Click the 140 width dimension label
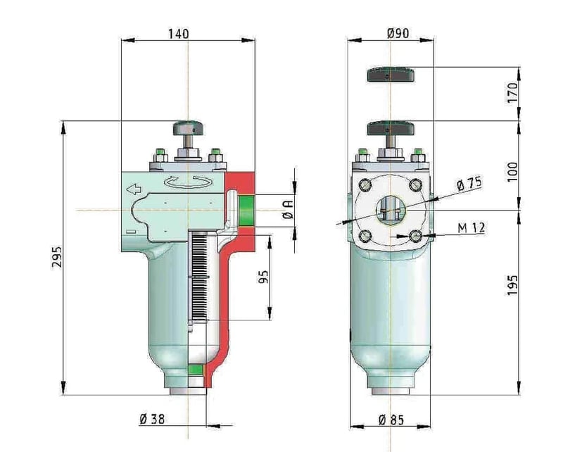pyautogui.click(x=179, y=34)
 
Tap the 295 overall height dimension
pyautogui.click(x=57, y=256)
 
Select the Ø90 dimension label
pyautogui.click(x=398, y=33)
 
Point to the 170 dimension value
pyautogui.click(x=513, y=93)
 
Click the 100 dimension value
pyautogui.click(x=513, y=172)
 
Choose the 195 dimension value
pyautogui.click(x=513, y=285)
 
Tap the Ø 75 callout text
pyautogui.click(x=469, y=184)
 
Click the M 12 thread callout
pyautogui.click(x=471, y=227)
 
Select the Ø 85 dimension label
pyautogui.click(x=391, y=420)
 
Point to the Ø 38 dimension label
pyautogui.click(x=152, y=419)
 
